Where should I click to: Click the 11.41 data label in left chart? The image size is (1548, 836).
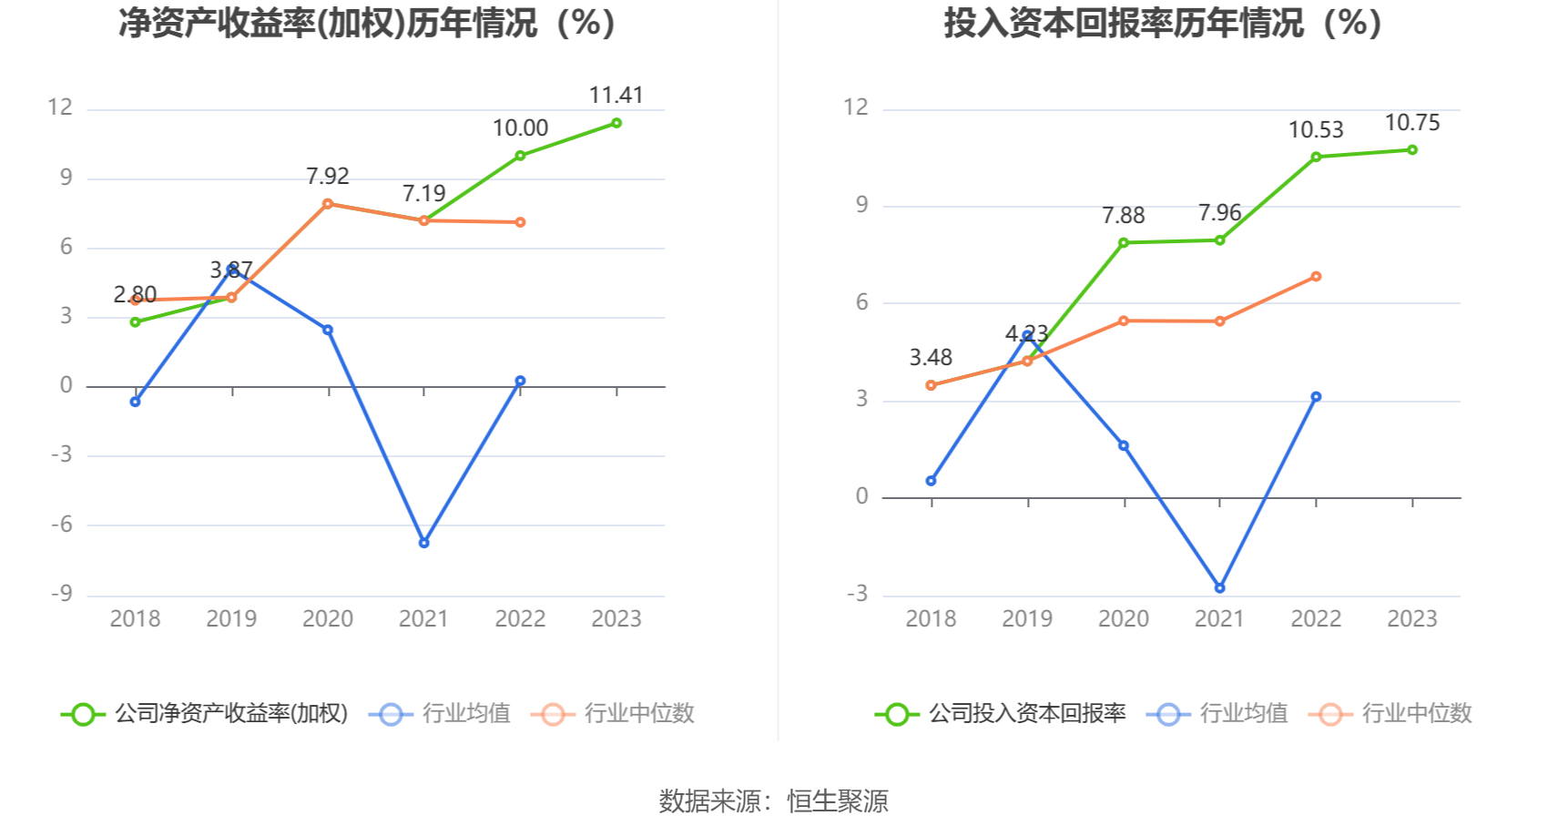(616, 95)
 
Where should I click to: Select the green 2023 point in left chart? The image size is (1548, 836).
(616, 123)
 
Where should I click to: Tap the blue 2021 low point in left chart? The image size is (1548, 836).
(424, 543)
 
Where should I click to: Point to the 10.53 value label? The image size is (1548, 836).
(1315, 130)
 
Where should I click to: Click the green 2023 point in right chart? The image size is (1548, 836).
(1412, 149)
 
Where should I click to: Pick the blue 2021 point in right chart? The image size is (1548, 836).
(1219, 588)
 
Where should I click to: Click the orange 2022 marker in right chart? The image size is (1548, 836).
(1316, 277)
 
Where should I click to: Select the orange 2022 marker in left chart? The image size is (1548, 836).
(520, 222)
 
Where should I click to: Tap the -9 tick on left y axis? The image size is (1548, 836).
(61, 595)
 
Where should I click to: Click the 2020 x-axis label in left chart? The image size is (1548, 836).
(328, 619)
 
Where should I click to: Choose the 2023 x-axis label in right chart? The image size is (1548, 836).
(1411, 619)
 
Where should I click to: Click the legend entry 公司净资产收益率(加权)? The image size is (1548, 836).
(230, 713)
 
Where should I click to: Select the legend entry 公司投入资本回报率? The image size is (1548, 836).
(1026, 713)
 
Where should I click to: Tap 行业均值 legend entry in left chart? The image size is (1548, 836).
(465, 713)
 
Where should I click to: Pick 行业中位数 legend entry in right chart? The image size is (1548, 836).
(1416, 713)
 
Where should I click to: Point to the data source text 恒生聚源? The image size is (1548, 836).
(837, 801)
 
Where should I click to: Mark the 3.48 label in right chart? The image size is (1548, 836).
(931, 358)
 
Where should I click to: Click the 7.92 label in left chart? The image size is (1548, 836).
(328, 176)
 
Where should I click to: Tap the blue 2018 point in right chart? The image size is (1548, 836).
(931, 481)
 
